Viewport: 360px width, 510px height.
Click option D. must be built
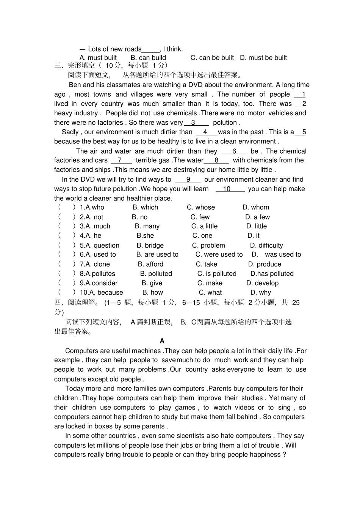click(263, 58)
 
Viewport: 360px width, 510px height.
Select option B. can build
click(148, 58)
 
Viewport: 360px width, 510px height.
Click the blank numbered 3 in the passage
click(196, 122)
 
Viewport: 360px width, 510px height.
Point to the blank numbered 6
click(234, 151)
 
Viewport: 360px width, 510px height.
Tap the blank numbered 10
click(227, 189)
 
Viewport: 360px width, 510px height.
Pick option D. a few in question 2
click(257, 217)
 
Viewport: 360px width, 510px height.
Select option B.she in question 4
click(145, 235)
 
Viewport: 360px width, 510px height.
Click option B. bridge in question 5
click(150, 245)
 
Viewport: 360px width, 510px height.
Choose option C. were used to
click(219, 254)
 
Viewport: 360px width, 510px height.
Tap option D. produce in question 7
click(265, 264)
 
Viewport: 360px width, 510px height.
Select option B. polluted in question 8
click(156, 273)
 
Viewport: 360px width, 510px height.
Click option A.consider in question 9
click(99, 283)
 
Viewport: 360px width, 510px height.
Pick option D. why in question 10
click(260, 292)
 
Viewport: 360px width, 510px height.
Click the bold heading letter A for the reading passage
click(162, 341)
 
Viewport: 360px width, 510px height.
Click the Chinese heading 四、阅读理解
click(76, 302)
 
